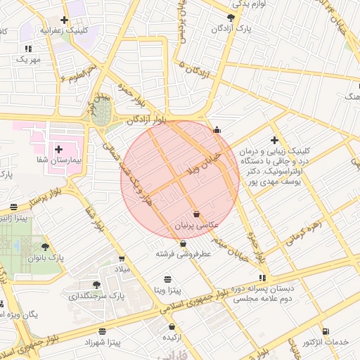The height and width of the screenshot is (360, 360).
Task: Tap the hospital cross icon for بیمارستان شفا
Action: pyautogui.click(x=58, y=149)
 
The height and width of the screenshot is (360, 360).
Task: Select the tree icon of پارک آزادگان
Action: pyautogui.click(x=231, y=18)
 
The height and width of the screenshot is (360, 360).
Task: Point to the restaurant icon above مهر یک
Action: pyautogui.click(x=29, y=49)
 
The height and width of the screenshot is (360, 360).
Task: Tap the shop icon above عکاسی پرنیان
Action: pyautogui.click(x=196, y=214)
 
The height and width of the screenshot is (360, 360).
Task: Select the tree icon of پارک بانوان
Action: pyautogui.click(x=46, y=247)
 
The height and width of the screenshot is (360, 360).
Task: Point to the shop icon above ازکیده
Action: pyautogui.click(x=172, y=326)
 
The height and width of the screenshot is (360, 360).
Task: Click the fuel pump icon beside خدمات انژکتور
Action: pyautogui.click(x=325, y=331)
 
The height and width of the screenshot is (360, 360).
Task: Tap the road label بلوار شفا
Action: pyautogui.click(x=96, y=221)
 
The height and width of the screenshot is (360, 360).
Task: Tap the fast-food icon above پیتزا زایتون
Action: pyautogui.click(x=15, y=207)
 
